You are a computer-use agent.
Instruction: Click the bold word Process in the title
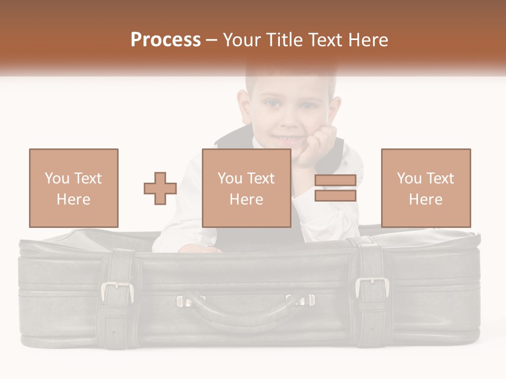pyautogui.click(x=166, y=39)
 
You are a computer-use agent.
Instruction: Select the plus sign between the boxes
pyautogui.click(x=160, y=188)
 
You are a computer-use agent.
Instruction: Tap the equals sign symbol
pyautogui.click(x=335, y=188)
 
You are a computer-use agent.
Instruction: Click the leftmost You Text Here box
pyautogui.click(x=74, y=188)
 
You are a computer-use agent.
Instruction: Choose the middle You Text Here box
pyautogui.click(x=247, y=188)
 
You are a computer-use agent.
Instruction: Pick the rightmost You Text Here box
pyautogui.click(x=426, y=188)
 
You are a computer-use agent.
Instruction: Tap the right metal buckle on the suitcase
pyautogui.click(x=372, y=287)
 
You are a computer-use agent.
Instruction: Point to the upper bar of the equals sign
pyautogui.click(x=335, y=181)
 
